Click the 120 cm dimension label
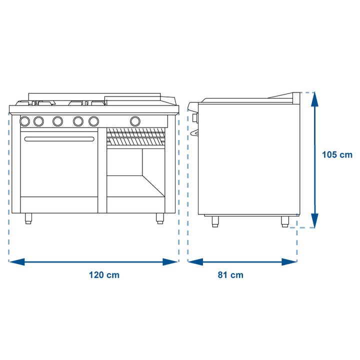104,275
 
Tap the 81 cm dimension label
230,275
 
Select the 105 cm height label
337,154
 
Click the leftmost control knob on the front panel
25,121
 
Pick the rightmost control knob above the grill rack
135,121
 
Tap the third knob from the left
57,121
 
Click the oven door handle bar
59,139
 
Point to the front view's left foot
28,218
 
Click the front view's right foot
160,218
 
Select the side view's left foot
215,221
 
